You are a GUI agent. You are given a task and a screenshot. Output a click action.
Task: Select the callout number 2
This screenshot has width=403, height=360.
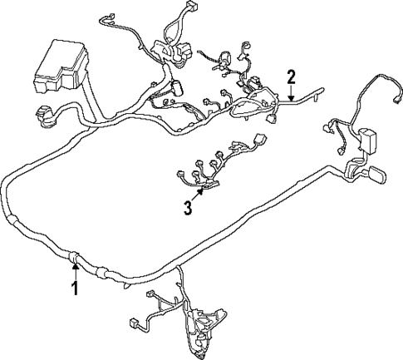click(x=291, y=78)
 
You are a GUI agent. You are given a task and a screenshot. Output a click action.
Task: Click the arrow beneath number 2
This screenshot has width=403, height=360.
click(x=291, y=95)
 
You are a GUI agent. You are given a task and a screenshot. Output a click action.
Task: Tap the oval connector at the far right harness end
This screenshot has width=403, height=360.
click(x=374, y=176)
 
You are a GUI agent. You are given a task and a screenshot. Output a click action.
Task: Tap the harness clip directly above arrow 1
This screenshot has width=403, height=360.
click(x=74, y=257)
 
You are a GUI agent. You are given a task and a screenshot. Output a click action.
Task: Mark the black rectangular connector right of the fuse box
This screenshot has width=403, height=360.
click(x=177, y=89)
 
